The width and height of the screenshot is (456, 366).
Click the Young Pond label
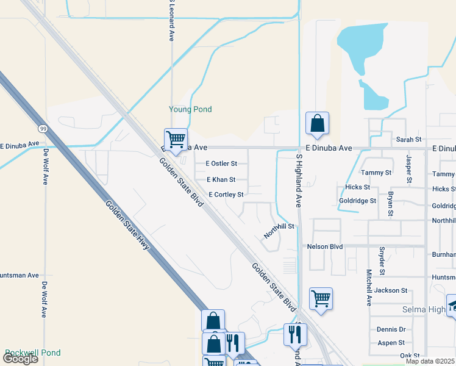pyautogui.click(x=190, y=110)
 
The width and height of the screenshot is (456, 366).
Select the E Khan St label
pyautogui.click(x=221, y=180)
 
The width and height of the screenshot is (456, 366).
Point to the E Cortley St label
pyautogui.click(x=226, y=195)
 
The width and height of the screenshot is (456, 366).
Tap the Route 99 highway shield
pyautogui.click(x=42, y=129)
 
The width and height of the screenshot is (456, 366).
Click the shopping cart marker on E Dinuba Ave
pyautogui.click(x=176, y=140)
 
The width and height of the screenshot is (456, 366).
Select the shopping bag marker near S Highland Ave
pyautogui.click(x=317, y=124)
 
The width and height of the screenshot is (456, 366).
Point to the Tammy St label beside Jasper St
pyautogui.click(x=376, y=173)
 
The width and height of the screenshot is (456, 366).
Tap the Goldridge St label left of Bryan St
pyautogui.click(x=358, y=201)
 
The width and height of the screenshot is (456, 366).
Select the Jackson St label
pyautogui.click(x=391, y=290)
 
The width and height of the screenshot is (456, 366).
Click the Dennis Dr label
pyautogui.click(x=391, y=329)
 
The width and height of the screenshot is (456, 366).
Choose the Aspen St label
pyautogui.click(x=391, y=343)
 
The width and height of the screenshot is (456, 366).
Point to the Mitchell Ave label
pyautogui.click(x=369, y=287)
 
